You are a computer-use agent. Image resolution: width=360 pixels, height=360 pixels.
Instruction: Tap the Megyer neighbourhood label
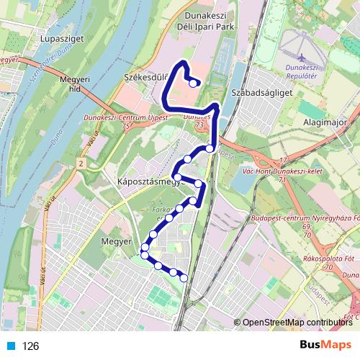pos(114,241)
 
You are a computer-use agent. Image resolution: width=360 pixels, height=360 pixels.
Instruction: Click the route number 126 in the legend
pos(30,346)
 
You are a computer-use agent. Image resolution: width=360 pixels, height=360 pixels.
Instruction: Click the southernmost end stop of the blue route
pos(184,277)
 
